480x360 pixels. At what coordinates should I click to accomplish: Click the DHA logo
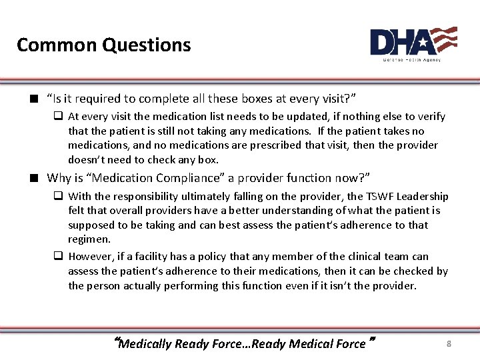[x=413, y=41]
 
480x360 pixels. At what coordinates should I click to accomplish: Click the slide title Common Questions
[x=103, y=45]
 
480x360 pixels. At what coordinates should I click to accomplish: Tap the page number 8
[x=449, y=343]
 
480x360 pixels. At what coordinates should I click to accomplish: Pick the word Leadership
[x=425, y=196]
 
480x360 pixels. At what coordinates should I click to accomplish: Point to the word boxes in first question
[x=264, y=99]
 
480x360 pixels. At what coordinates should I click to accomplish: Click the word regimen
[x=89, y=239]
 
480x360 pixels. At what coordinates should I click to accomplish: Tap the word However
[x=91, y=256]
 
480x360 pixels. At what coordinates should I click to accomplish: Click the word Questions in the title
[x=147, y=45]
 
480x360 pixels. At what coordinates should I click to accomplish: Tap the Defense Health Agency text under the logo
[x=411, y=59]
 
